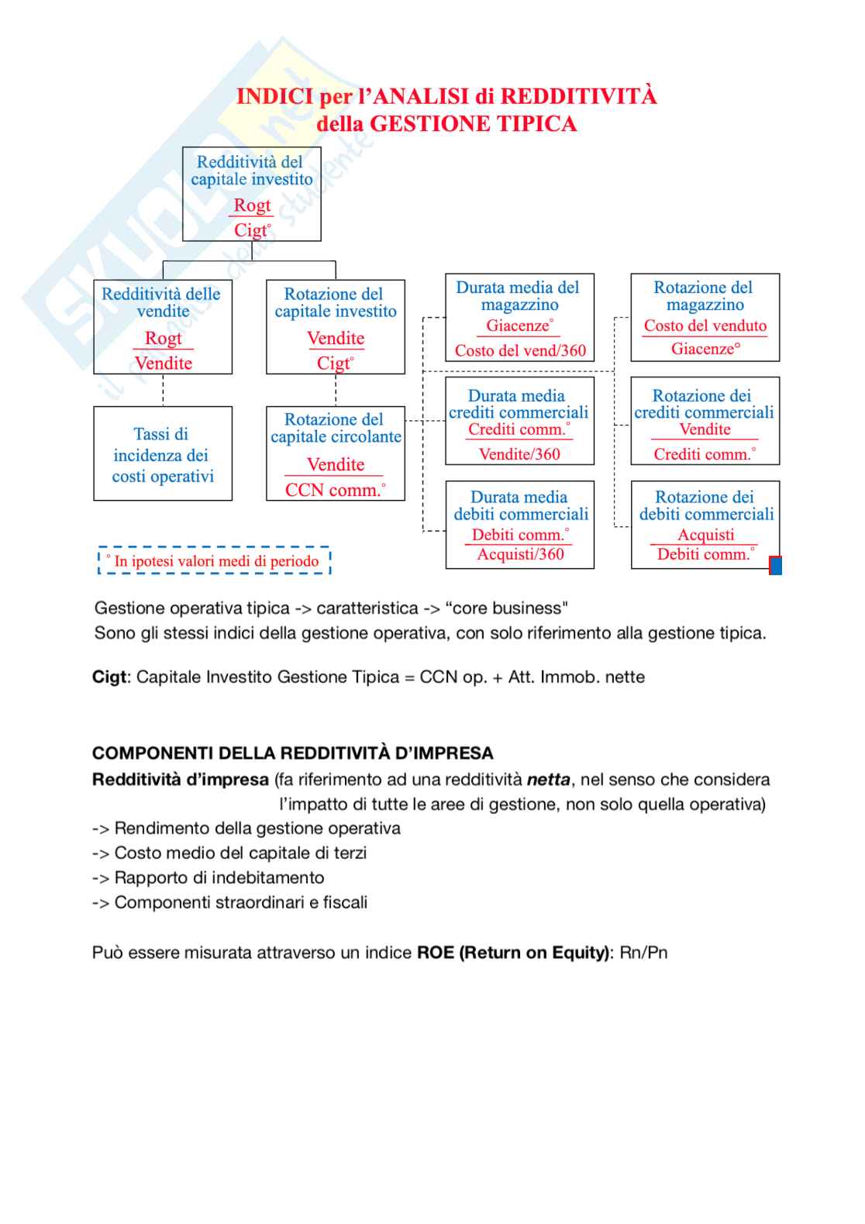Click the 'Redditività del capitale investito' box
(252, 194)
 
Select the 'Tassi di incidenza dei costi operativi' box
(163, 454)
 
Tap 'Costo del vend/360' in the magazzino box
(520, 350)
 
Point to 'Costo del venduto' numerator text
(705, 326)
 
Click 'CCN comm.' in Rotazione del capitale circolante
(335, 490)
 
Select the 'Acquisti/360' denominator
(520, 554)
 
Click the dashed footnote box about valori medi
(215, 560)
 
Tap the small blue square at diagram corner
(775, 566)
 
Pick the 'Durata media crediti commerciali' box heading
(518, 404)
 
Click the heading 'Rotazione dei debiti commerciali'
(705, 505)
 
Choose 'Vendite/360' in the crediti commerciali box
(519, 454)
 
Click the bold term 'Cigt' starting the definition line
(109, 677)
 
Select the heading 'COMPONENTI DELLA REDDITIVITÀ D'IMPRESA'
(292, 753)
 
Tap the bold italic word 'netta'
(548, 780)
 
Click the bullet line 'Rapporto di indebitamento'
(219, 877)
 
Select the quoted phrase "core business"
(506, 609)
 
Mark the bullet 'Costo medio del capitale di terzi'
(240, 853)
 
